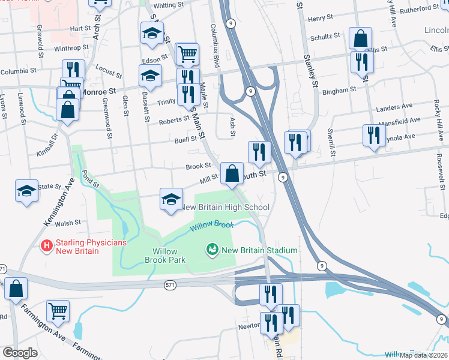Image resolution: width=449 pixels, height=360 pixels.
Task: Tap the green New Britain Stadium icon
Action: pyautogui.click(x=211, y=249)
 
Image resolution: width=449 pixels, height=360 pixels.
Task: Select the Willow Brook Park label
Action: pyautogui.click(x=165, y=256)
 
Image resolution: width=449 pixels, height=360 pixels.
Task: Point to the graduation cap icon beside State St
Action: pyautogui.click(x=26, y=191)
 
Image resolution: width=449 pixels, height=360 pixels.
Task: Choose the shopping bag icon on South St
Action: pyautogui.click(x=232, y=173)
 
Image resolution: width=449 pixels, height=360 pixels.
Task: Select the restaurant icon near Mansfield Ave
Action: pyautogui.click(x=374, y=135)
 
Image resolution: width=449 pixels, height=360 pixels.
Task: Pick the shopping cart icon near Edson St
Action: pyautogui.click(x=188, y=55)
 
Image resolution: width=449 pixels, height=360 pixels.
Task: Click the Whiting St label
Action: pyautogui.click(x=169, y=5)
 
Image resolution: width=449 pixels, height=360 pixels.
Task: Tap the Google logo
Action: pyautogui.click(x=20, y=353)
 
